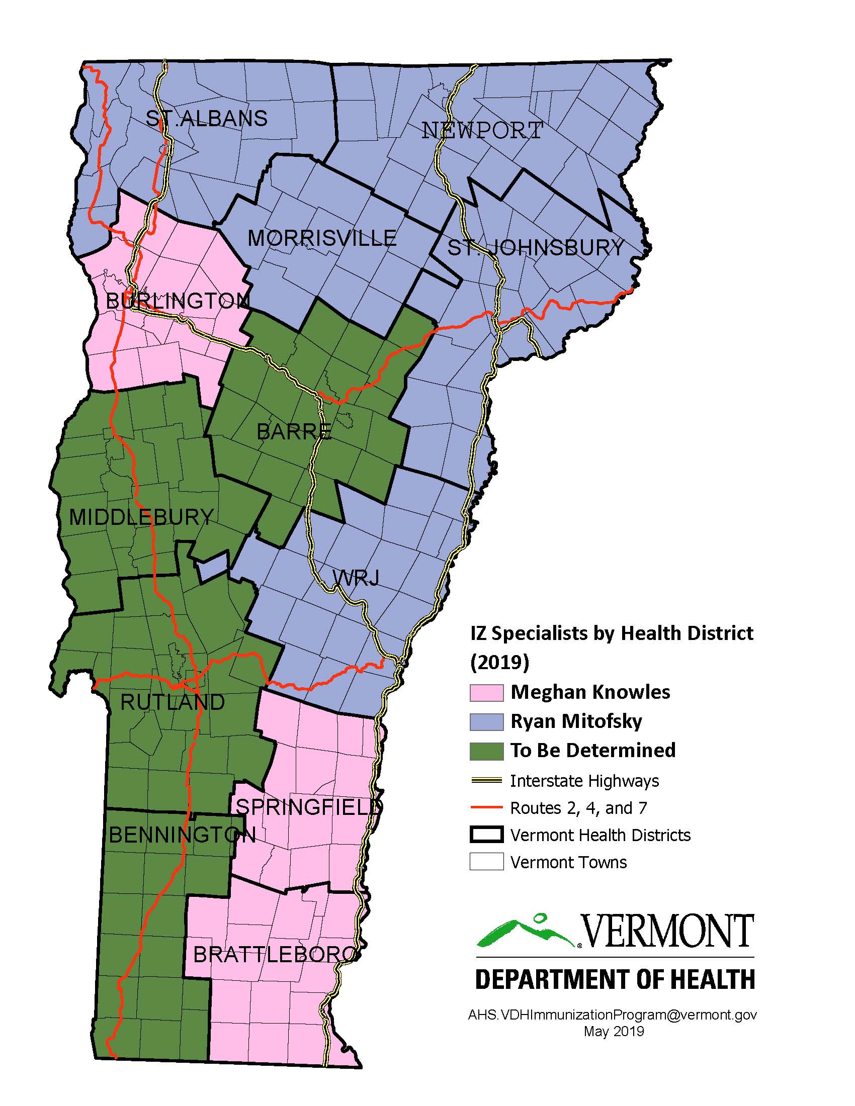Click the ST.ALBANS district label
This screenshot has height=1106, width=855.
[x=207, y=119]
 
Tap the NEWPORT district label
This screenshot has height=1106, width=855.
[x=482, y=131]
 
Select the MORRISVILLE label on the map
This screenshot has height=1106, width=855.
[x=322, y=238]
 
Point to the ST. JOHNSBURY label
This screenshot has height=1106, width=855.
[x=536, y=248]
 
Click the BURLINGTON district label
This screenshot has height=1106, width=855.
[x=177, y=301]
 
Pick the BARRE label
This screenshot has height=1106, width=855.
[x=294, y=432]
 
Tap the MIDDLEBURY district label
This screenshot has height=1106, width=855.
[x=141, y=517]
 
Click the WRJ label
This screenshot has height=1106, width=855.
[x=356, y=577]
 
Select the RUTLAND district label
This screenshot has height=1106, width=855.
[x=173, y=702]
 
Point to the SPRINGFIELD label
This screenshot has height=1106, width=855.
[x=309, y=807]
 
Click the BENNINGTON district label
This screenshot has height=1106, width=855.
[x=183, y=835]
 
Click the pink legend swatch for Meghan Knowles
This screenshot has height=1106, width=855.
[x=486, y=693]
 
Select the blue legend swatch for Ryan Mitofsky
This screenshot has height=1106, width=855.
[x=486, y=721]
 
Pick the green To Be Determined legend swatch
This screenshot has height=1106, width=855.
[x=486, y=751]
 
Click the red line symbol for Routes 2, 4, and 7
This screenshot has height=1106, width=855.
[x=486, y=808]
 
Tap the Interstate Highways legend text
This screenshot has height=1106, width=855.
[x=584, y=781]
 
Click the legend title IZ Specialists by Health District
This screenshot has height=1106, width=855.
[x=612, y=633]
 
